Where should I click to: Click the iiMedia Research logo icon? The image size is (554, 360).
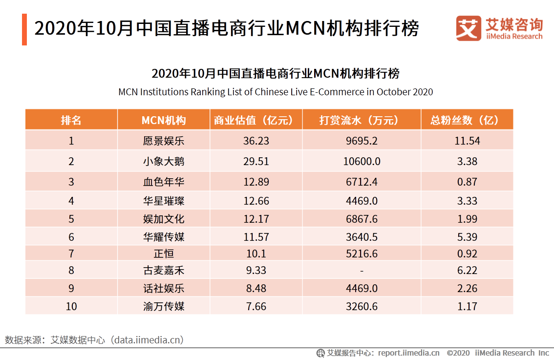pos(468,29)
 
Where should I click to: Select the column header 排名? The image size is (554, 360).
pos(71,120)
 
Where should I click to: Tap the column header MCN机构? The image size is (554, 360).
pos(164,120)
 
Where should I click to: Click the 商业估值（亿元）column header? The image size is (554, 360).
pos(256,120)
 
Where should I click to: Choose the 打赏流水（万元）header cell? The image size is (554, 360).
pos(362,120)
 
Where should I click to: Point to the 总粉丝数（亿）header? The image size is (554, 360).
pos(467,120)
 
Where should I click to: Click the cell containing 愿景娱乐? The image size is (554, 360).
pos(164,141)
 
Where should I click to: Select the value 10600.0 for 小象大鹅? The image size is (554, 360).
pos(362,161)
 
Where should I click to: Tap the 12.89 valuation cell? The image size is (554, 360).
pos(256,182)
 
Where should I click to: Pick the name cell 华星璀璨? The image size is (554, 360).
pos(164,201)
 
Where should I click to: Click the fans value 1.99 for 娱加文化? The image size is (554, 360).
pos(467,219)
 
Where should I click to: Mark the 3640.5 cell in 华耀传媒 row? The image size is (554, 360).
pos(362,237)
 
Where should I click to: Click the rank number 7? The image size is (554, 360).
pos(71,254)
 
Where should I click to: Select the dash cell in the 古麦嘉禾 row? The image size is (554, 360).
pos(362,271)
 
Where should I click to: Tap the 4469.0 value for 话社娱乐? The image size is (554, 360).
pos(362,288)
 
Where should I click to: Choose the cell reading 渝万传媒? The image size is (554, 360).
pos(164,306)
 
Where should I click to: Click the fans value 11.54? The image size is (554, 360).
pos(467,141)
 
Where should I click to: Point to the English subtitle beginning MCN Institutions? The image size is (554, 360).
pos(276,92)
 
